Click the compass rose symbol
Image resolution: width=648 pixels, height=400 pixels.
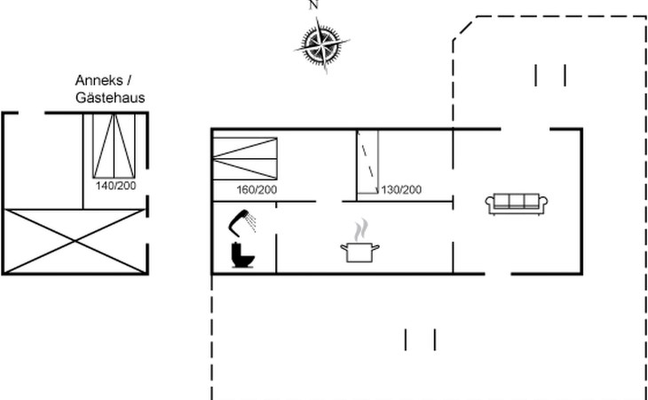[x=322, y=44]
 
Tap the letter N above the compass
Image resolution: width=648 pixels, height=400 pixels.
[x=313, y=4]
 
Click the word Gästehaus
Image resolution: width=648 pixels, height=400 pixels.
[x=110, y=98]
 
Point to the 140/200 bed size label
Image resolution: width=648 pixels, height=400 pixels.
[x=115, y=186]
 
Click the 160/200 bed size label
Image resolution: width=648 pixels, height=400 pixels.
[x=257, y=190]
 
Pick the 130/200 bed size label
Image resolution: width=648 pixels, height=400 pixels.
[x=401, y=190]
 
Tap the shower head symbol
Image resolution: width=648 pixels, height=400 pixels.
[x=242, y=222]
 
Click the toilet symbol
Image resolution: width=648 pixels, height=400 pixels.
[x=242, y=255]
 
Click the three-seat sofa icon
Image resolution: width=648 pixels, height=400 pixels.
[x=517, y=204]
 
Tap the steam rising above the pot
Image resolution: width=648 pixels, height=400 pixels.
[x=360, y=229]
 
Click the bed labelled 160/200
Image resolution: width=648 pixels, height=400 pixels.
[x=245, y=159]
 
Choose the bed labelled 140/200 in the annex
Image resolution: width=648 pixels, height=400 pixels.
[x=114, y=146]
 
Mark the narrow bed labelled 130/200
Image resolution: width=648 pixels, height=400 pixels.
[x=367, y=162]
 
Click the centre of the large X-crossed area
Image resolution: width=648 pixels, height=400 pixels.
[x=75, y=241]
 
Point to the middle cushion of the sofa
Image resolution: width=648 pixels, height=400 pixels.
[x=517, y=201]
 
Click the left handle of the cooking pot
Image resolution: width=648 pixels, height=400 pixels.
[x=344, y=247]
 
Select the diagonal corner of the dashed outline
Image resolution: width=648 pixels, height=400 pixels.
[x=464, y=28]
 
